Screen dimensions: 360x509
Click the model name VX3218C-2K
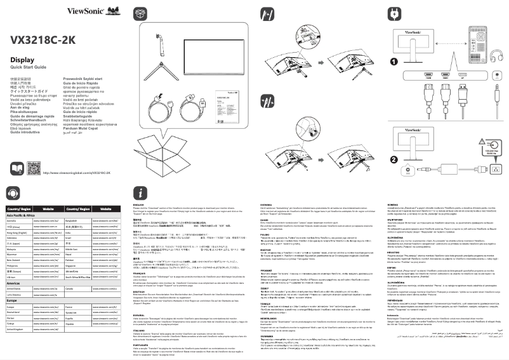(43, 39)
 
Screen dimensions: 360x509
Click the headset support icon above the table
(14, 192)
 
